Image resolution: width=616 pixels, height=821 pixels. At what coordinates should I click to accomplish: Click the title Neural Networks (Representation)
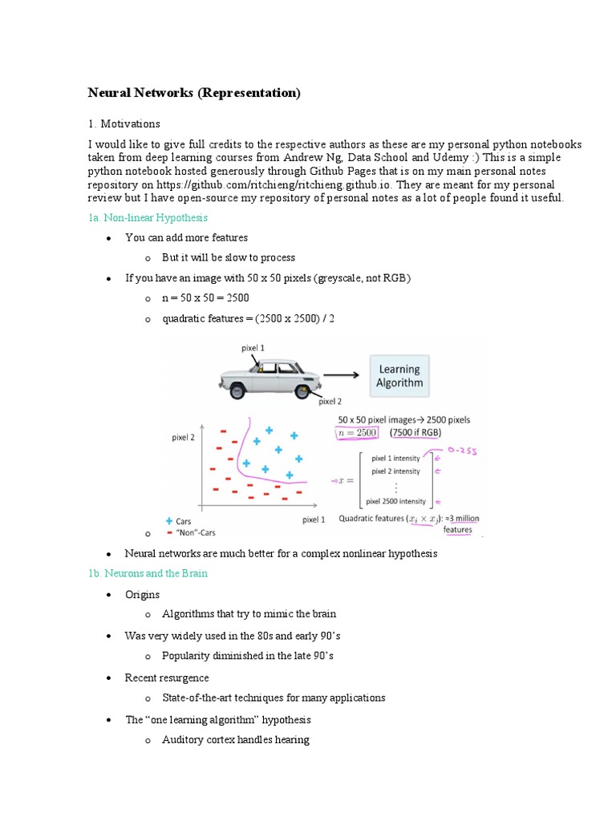[193, 93]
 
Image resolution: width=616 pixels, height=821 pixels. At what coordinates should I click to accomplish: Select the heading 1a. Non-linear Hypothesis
[148, 217]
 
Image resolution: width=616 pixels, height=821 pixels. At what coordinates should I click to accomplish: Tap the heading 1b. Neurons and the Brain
[148, 573]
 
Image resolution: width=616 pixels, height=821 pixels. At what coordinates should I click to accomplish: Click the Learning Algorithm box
[399, 375]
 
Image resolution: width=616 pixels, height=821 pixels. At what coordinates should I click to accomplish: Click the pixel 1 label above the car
[253, 347]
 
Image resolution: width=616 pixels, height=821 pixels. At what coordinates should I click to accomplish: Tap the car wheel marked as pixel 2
[303, 390]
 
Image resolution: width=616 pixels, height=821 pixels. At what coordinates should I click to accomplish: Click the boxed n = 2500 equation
[356, 433]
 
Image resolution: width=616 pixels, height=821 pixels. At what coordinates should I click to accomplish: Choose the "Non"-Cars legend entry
[194, 532]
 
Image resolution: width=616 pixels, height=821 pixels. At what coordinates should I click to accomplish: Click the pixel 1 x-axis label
[314, 520]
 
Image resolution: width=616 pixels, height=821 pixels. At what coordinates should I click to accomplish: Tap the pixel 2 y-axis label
[183, 438]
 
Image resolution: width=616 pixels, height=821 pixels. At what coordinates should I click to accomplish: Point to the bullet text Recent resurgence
[165, 678]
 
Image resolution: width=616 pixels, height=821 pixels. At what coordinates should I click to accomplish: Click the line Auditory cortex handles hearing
[235, 739]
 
